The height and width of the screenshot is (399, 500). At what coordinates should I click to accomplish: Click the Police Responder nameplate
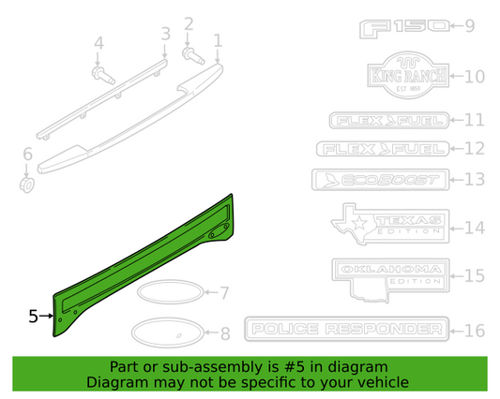coord(343,330)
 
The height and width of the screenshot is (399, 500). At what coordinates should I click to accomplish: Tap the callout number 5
coord(33,317)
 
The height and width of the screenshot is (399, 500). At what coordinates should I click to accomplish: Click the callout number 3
coord(165,35)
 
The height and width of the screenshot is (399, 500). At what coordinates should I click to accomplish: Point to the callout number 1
coord(218,40)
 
